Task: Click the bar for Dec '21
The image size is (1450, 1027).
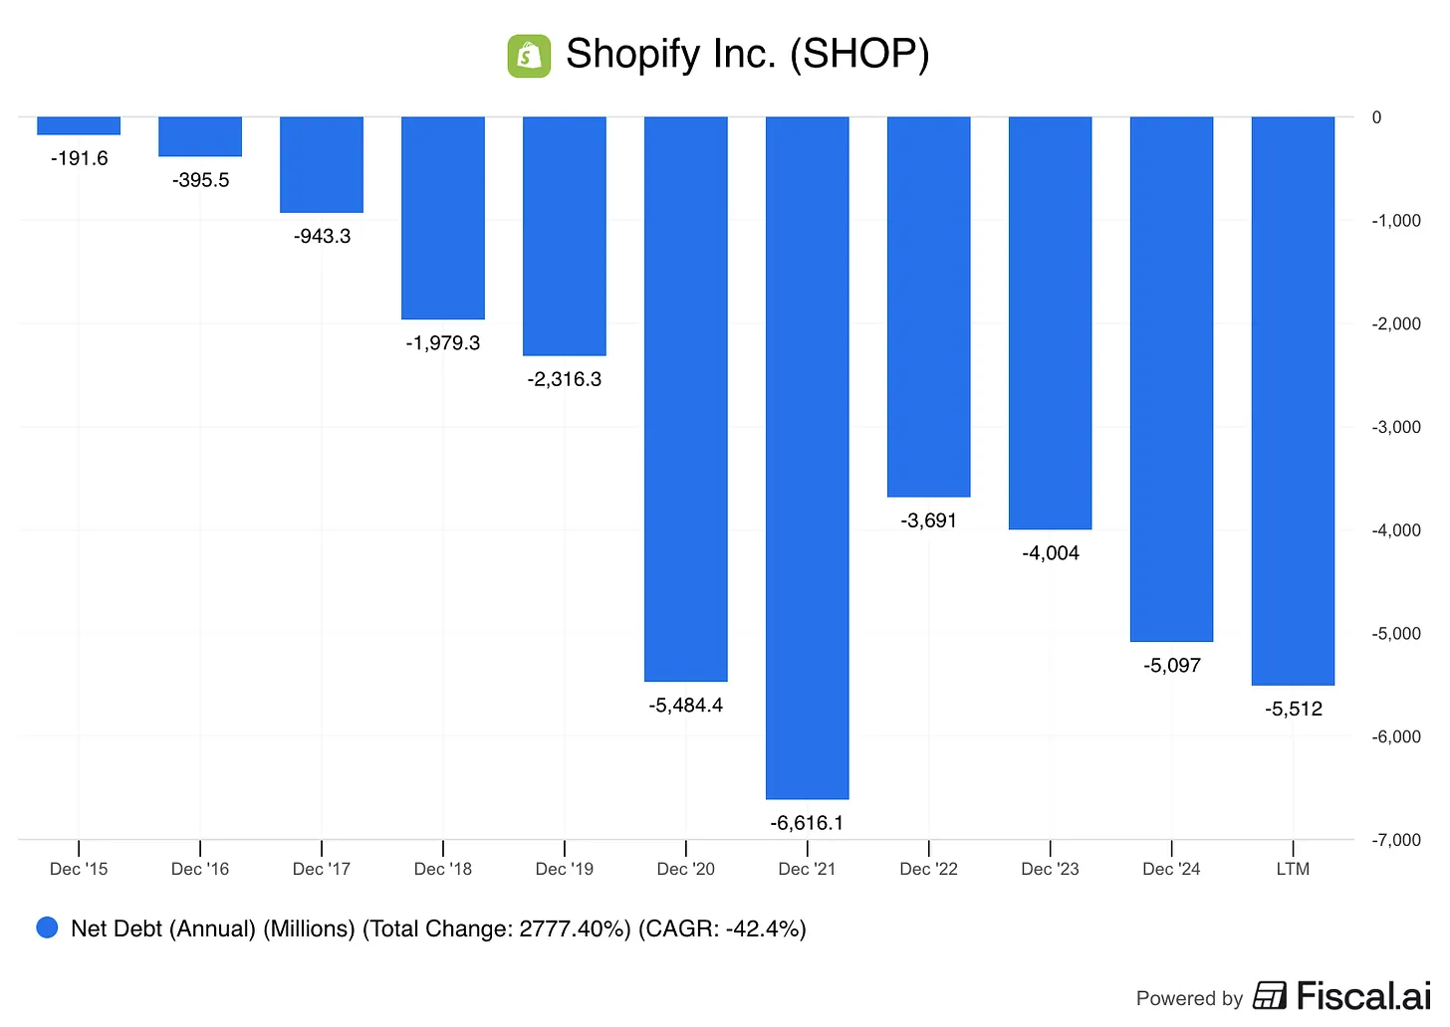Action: click(x=807, y=458)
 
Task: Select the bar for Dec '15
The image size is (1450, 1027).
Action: click(x=79, y=125)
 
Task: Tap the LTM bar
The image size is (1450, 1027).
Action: click(x=1293, y=401)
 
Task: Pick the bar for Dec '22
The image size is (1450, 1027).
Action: click(x=928, y=307)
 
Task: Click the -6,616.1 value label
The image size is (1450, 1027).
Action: click(x=807, y=823)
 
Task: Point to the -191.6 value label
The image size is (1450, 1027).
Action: click(x=79, y=158)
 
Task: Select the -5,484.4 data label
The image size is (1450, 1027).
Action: click(x=685, y=706)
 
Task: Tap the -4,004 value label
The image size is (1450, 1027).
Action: click(x=1050, y=553)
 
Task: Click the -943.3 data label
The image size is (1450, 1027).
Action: click(x=322, y=236)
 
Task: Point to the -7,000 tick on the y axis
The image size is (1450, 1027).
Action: click(x=1396, y=840)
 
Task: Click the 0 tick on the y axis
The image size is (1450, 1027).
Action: click(x=1376, y=117)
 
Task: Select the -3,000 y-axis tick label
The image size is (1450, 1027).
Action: click(x=1396, y=427)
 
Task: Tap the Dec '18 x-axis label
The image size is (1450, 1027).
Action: click(x=443, y=869)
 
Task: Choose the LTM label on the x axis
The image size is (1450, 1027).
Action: click(x=1293, y=869)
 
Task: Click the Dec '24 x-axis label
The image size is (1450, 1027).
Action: click(x=1171, y=869)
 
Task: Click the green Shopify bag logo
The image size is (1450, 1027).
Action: click(x=529, y=56)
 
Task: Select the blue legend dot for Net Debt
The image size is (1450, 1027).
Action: click(x=47, y=927)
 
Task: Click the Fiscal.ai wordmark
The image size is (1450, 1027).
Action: click(x=1362, y=996)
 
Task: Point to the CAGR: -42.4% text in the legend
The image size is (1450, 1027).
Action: click(x=722, y=928)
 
